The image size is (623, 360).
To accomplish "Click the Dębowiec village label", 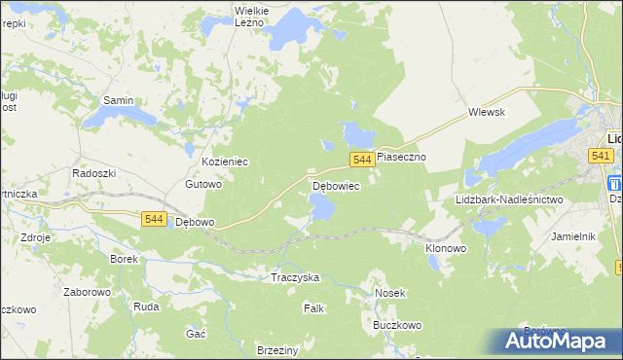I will pyautogui.click(x=336, y=185).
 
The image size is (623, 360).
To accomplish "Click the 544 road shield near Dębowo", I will pyautogui.click(x=153, y=220).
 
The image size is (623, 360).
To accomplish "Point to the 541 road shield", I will pyautogui.click(x=601, y=156).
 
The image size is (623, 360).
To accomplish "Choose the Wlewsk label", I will pyautogui.click(x=486, y=112).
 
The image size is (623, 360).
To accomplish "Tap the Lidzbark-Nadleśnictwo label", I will pyautogui.click(x=509, y=199).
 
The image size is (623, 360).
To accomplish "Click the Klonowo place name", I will pyautogui.click(x=446, y=248).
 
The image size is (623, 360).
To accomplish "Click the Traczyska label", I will pyautogui.click(x=295, y=277).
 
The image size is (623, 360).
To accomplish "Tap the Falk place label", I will pyautogui.click(x=313, y=308).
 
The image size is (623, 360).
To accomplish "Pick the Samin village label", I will pyautogui.click(x=118, y=100).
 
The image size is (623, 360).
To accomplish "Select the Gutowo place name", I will pyautogui.click(x=204, y=184).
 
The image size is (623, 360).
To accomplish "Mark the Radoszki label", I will pyautogui.click(x=94, y=172).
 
